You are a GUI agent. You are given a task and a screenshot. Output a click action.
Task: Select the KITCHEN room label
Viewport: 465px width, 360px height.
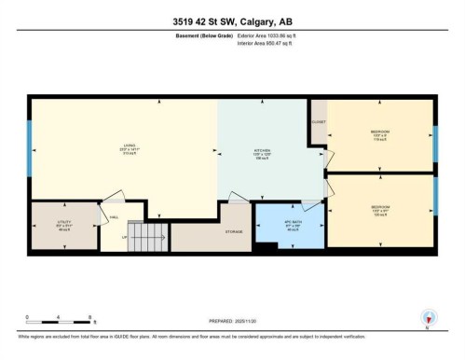click(x=263, y=150)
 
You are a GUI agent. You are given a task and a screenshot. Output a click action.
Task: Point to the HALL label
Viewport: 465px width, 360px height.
click(x=113, y=217)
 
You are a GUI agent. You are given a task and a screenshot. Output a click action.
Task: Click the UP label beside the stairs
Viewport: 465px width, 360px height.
click(x=124, y=237)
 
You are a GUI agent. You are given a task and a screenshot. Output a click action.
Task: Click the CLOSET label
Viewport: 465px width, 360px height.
click(x=319, y=121)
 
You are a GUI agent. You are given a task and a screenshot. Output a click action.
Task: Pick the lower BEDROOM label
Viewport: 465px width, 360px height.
click(x=379, y=207)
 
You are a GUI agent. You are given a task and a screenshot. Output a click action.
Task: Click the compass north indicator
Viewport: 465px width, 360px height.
click(x=428, y=318)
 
